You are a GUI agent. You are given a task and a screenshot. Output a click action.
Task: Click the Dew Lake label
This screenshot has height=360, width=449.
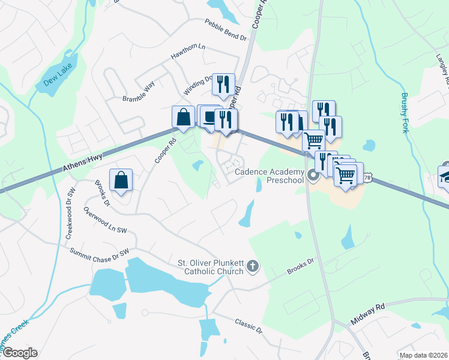[58, 75]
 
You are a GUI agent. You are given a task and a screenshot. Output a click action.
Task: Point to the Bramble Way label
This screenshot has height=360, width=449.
[139, 91]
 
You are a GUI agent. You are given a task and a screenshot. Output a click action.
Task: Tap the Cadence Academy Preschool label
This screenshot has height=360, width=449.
[269, 175]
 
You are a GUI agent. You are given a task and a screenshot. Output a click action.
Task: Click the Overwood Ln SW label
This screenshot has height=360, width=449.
[106, 221]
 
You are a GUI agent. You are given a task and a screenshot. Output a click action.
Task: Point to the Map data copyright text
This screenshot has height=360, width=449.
[423, 355]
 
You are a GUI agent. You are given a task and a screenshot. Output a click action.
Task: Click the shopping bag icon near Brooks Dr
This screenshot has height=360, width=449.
[121, 179]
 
